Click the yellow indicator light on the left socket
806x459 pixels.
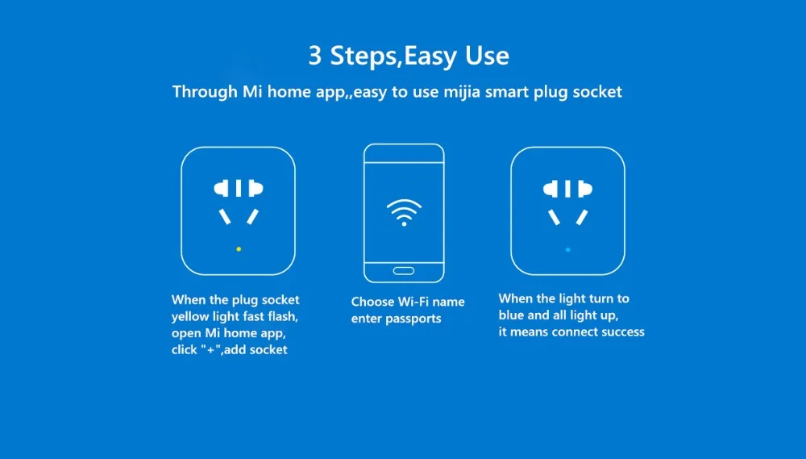239,249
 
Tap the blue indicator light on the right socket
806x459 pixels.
568,249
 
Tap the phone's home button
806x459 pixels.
403,269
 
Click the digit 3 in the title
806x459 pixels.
315,56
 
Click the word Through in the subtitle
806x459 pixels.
205,92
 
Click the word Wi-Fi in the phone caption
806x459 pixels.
414,302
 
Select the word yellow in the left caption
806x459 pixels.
190,316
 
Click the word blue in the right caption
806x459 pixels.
512,315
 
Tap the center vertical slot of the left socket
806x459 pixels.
239,189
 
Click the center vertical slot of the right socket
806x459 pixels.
568,189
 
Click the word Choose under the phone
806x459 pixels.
373,302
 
